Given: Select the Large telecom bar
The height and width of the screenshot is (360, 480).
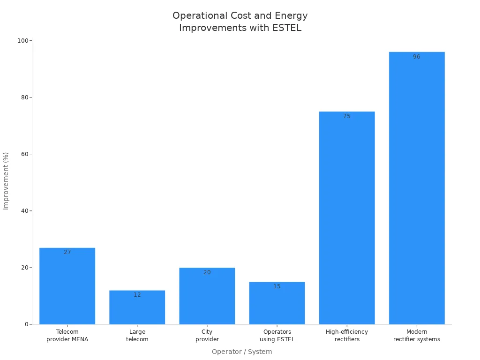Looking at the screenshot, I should click(137, 308).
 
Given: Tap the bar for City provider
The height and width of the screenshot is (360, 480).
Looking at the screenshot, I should click(207, 297).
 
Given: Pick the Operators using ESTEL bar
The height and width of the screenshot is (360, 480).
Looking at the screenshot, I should click(277, 304).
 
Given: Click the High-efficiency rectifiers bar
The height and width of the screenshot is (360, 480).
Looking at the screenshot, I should click(346, 218).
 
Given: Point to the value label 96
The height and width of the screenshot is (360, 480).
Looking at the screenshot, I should click(416, 57).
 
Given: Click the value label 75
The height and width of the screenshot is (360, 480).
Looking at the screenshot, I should click(346, 116).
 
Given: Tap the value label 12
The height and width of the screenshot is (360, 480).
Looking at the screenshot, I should click(137, 295).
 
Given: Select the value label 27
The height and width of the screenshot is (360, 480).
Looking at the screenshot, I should click(67, 252).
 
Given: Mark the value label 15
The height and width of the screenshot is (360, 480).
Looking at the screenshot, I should click(277, 286).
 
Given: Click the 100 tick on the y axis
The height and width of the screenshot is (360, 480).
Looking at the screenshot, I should click(22, 41).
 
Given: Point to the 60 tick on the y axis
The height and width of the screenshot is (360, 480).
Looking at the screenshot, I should click(24, 154).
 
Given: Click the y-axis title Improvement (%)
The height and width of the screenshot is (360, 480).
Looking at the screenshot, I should click(6, 181).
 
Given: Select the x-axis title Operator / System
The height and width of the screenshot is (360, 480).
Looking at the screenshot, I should click(241, 352).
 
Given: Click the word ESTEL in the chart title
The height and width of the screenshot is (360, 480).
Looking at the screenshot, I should click(287, 28).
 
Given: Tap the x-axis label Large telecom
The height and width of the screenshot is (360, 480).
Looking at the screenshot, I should click(137, 336).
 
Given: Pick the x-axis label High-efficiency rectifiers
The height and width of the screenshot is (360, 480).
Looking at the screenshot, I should click(346, 336).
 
